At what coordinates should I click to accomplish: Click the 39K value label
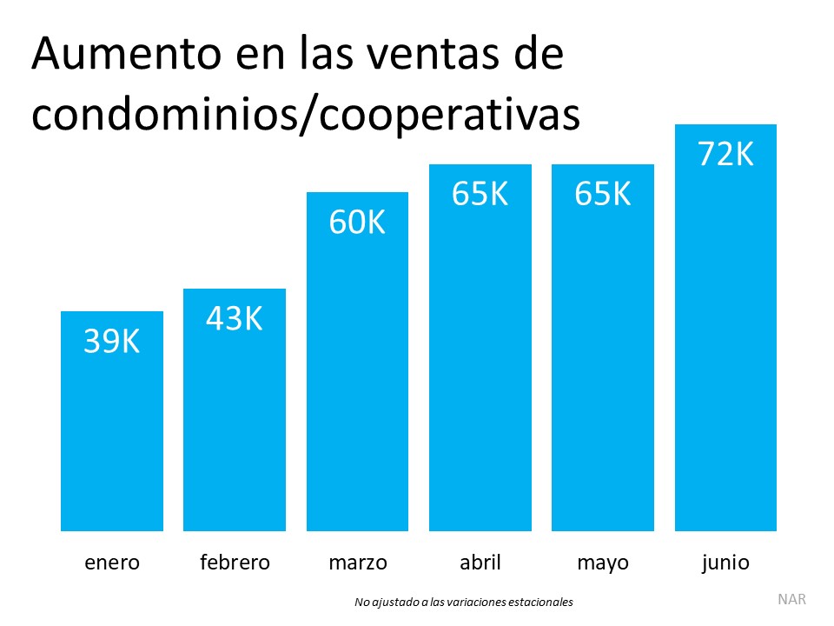point(112,342)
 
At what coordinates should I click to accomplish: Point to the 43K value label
point(235,319)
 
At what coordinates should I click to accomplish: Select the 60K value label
point(357,223)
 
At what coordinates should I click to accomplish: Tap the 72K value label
point(725,154)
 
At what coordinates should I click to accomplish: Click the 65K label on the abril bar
point(480,194)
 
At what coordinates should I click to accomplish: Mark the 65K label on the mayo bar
point(603,194)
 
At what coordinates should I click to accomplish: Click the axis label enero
point(112,563)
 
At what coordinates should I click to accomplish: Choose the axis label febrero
point(235,563)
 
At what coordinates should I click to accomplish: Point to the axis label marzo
point(357,563)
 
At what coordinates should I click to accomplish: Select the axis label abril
point(480,563)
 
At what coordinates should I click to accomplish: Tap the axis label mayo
point(603,563)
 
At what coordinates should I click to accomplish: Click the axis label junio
point(725,563)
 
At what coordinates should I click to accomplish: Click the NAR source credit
point(791,599)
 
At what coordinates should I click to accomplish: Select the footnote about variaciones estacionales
point(464,602)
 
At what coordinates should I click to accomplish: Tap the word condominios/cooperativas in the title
point(305,116)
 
